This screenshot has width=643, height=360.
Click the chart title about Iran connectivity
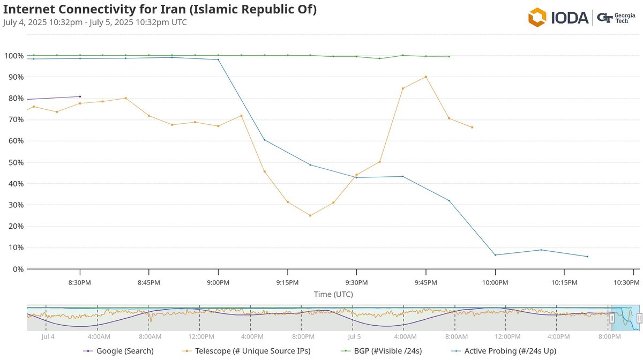click(x=160, y=10)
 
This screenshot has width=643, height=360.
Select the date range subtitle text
click(x=95, y=22)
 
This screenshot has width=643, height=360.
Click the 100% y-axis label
click(x=13, y=56)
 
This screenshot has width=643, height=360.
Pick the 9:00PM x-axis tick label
click(x=218, y=282)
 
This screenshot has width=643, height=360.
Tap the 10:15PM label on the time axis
click(x=564, y=282)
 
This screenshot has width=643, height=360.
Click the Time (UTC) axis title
click(x=333, y=294)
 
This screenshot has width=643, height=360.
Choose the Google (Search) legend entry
click(x=119, y=351)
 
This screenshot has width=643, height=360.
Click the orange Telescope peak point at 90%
click(x=426, y=77)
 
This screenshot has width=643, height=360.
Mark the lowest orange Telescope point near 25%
click(x=310, y=215)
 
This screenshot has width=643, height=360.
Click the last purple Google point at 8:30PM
click(x=80, y=96)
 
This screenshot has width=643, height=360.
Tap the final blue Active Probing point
click(x=587, y=257)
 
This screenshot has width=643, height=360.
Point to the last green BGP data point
click(x=449, y=56)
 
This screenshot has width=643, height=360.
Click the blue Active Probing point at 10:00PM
click(x=495, y=255)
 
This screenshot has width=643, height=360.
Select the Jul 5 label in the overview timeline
click(x=354, y=337)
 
